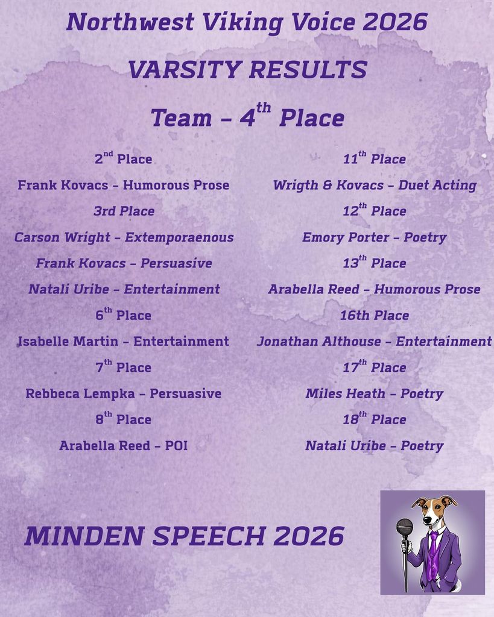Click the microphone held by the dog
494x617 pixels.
(x=404, y=527)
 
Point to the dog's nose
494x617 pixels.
(x=427, y=520)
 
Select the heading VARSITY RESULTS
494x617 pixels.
(x=247, y=70)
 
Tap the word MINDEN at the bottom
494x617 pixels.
(x=84, y=536)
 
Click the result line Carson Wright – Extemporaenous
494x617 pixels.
(x=124, y=237)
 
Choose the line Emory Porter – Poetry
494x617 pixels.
(x=374, y=237)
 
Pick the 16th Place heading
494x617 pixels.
(x=374, y=315)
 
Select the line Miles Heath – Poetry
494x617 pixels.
(x=374, y=393)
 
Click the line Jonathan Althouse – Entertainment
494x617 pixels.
(x=374, y=342)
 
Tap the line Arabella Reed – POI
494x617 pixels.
(x=124, y=446)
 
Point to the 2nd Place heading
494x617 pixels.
(x=124, y=159)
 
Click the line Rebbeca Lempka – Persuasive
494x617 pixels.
(x=124, y=393)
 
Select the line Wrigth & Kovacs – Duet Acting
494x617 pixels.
(x=374, y=185)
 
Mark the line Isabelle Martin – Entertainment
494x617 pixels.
(x=124, y=342)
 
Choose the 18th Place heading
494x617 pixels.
(x=374, y=419)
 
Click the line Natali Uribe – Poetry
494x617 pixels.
(x=374, y=446)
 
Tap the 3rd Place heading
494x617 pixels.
(x=124, y=211)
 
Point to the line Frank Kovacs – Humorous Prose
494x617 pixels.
(x=124, y=185)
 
